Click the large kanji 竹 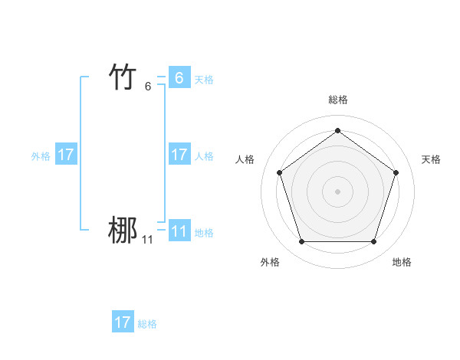tap(123, 77)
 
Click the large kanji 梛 tap(123, 231)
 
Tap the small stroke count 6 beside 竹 tap(148, 86)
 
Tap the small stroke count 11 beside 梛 tap(147, 240)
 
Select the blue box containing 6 tap(179, 77)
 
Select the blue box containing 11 tap(179, 231)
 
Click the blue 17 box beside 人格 tap(179, 155)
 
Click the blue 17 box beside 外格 tap(66, 155)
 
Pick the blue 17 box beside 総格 tap(123, 322)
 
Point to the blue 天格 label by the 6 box tap(204, 79)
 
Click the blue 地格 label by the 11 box tap(204, 233)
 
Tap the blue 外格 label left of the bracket tap(41, 156)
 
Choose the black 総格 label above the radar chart tap(337, 100)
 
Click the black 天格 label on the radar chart tap(431, 159)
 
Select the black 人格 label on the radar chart tap(245, 159)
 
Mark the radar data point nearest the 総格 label tap(337, 131)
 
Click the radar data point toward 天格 tap(396, 172)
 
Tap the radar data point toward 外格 tap(301, 242)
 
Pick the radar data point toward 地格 tap(373, 242)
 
